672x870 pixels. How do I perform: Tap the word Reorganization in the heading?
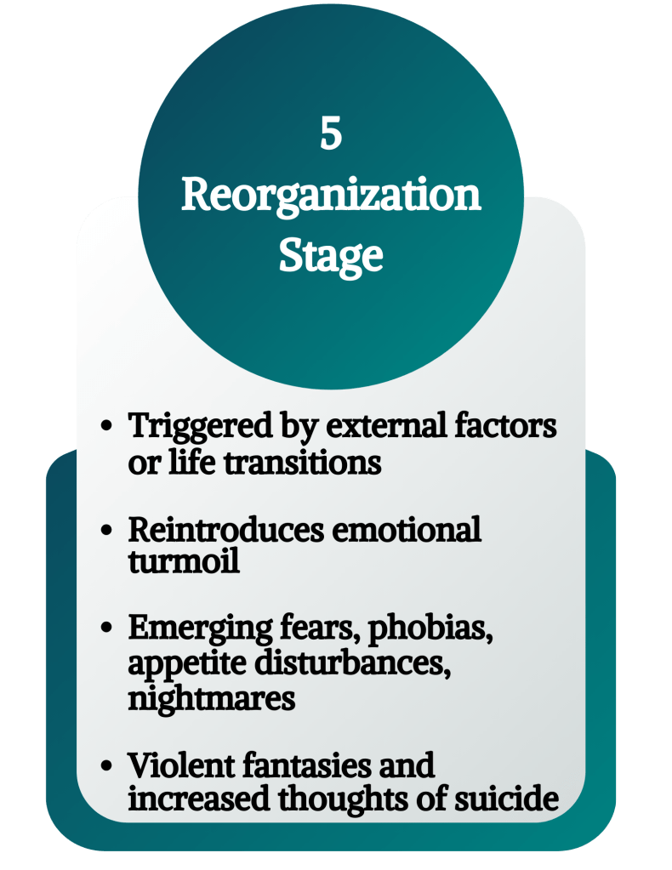pos(331,197)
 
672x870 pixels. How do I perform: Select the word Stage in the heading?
pos(331,256)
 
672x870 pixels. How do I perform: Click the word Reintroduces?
pos(225,529)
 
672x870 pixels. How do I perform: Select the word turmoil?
pos(184,561)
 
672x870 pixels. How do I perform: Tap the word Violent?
pos(176,765)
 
